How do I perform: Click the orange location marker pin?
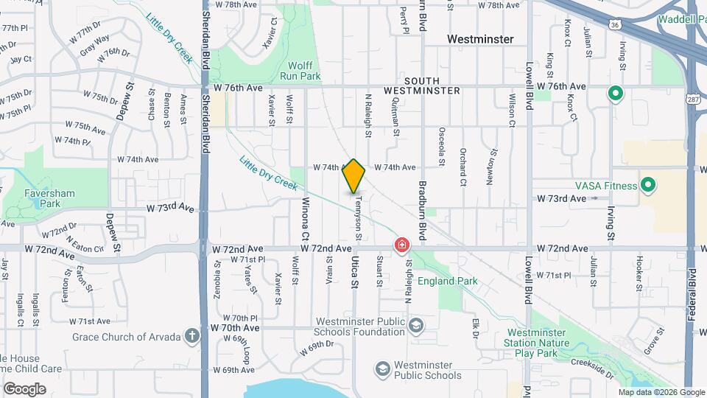click(x=354, y=176)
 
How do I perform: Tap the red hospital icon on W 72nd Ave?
click(x=402, y=245)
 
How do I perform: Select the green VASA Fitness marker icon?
click(x=648, y=184)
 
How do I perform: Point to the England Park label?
click(x=448, y=281)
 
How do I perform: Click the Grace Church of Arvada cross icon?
click(x=191, y=337)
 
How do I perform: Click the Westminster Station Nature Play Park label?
click(x=537, y=337)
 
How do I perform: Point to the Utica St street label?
click(x=354, y=273)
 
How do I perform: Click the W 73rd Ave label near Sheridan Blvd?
click(x=170, y=209)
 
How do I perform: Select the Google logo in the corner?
click(x=24, y=389)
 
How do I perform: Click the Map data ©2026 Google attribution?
click(x=661, y=393)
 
